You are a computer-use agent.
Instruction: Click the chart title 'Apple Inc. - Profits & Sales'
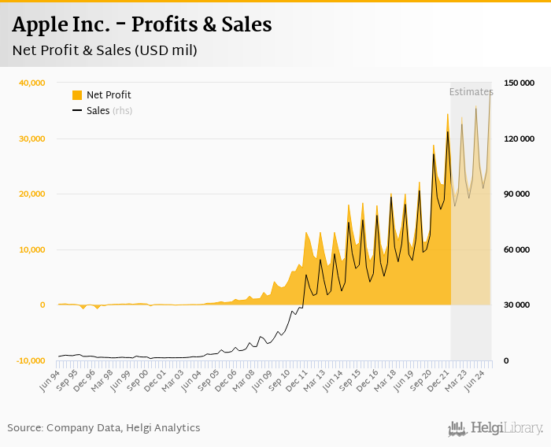142,24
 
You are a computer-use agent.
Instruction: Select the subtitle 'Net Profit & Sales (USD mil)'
105,50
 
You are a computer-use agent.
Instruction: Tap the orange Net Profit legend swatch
77,95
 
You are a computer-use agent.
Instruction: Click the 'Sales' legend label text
98,111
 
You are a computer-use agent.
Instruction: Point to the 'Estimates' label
471,92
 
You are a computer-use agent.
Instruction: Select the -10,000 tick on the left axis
29,360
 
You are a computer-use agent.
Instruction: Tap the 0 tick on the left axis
42,305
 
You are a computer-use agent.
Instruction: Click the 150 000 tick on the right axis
519,83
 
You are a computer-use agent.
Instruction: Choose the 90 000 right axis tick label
520,194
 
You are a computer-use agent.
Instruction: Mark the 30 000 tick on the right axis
520,305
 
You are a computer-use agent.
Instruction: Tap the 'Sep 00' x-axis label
139,381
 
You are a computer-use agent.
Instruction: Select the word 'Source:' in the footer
25,428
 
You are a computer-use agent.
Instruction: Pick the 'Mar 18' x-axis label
387,381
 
